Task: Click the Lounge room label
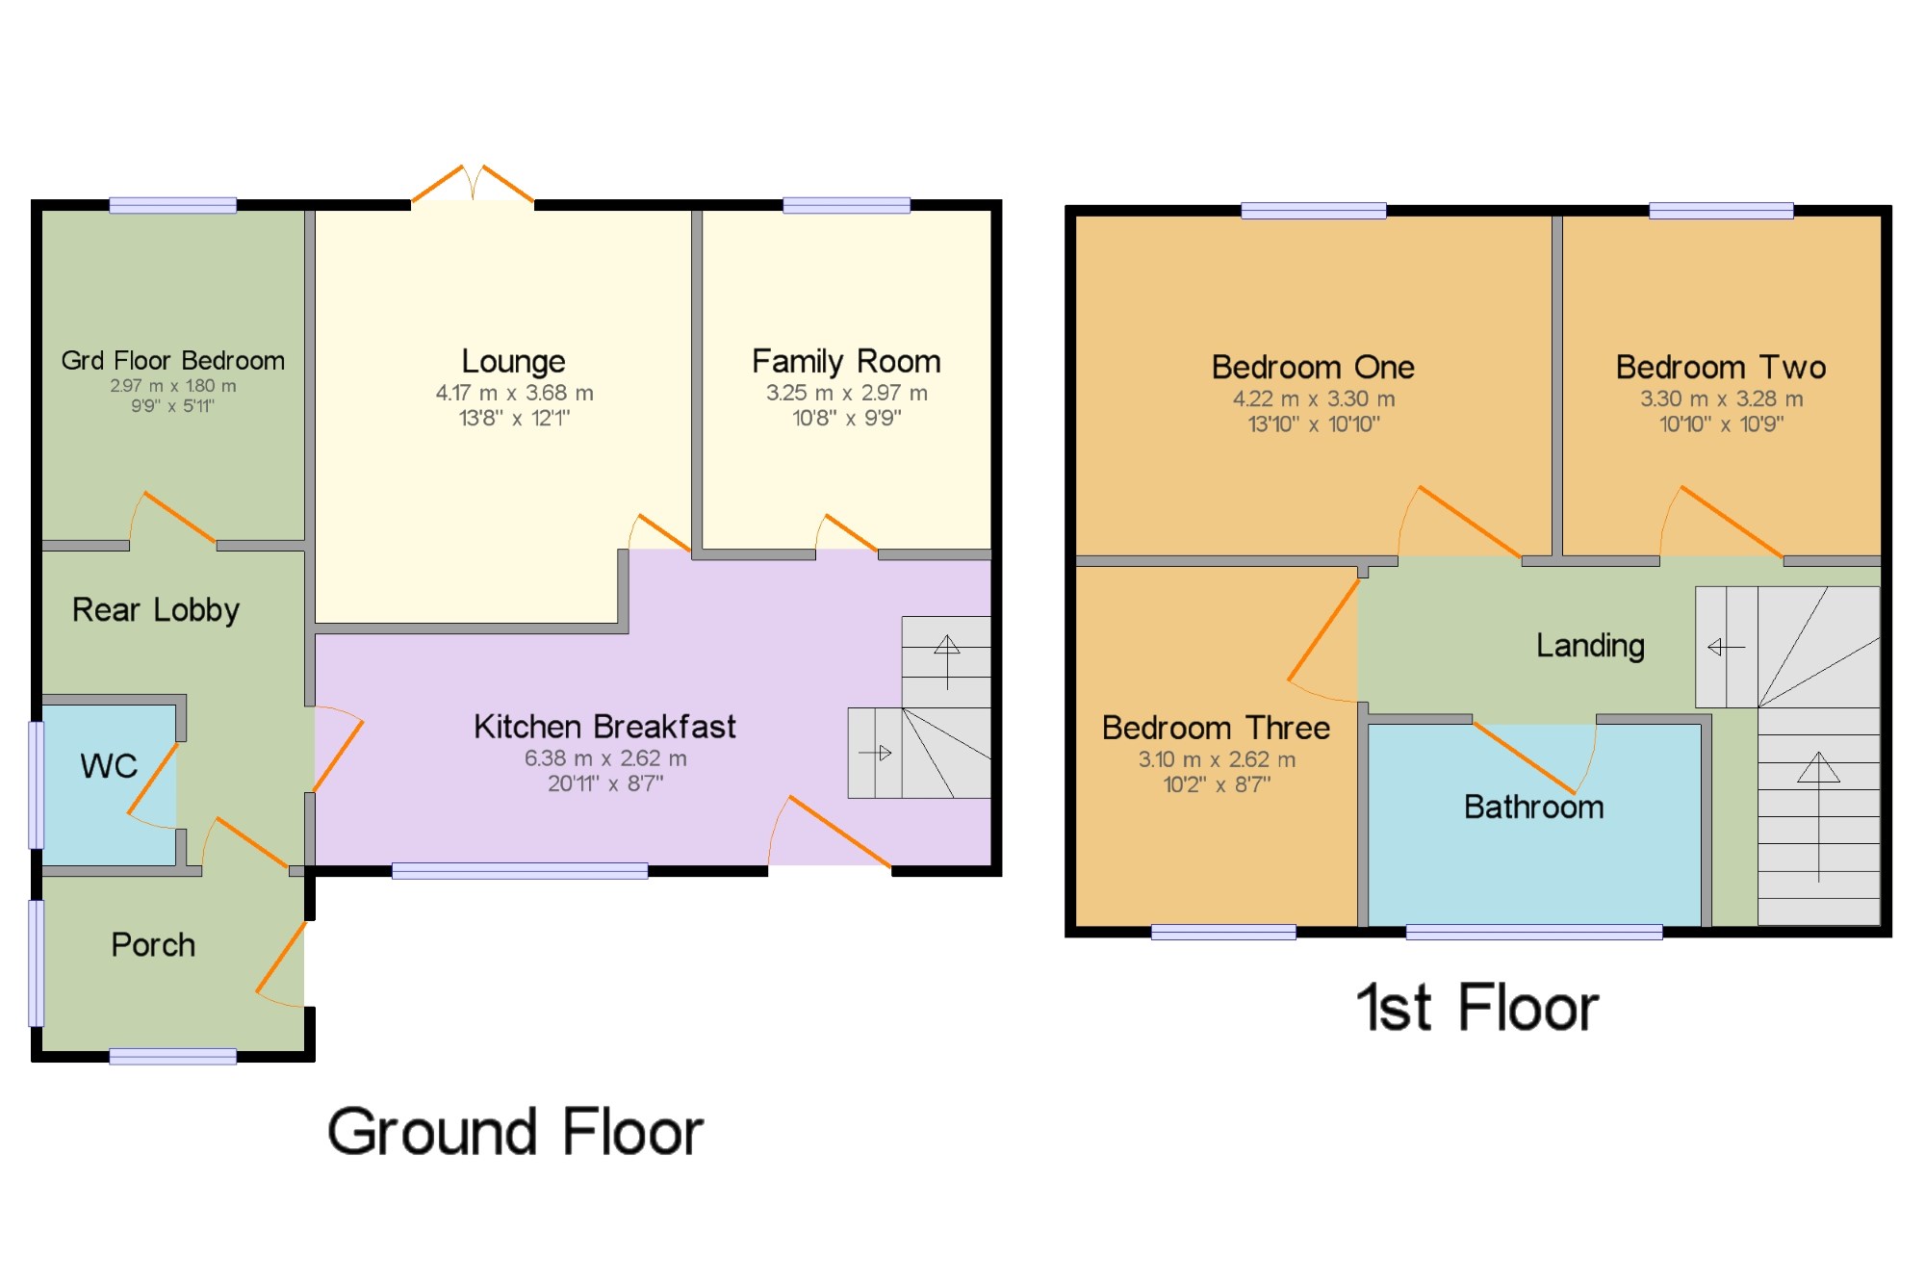click(513, 362)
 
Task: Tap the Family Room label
click(846, 362)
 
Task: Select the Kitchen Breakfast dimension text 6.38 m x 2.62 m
click(605, 758)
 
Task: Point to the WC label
click(109, 766)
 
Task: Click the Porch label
click(153, 945)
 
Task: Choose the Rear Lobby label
click(156, 610)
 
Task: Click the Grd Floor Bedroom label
click(173, 361)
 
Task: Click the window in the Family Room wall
click(846, 205)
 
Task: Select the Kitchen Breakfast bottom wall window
click(520, 871)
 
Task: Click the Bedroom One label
click(1313, 368)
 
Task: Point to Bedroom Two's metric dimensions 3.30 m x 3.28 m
click(1721, 398)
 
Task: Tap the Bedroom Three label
click(1216, 729)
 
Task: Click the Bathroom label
click(1533, 807)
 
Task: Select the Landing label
click(1590, 646)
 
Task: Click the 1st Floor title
click(1477, 1009)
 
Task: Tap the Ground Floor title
click(516, 1132)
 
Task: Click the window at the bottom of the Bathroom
click(1533, 932)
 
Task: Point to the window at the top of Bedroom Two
click(1721, 211)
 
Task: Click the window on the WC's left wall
click(37, 784)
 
